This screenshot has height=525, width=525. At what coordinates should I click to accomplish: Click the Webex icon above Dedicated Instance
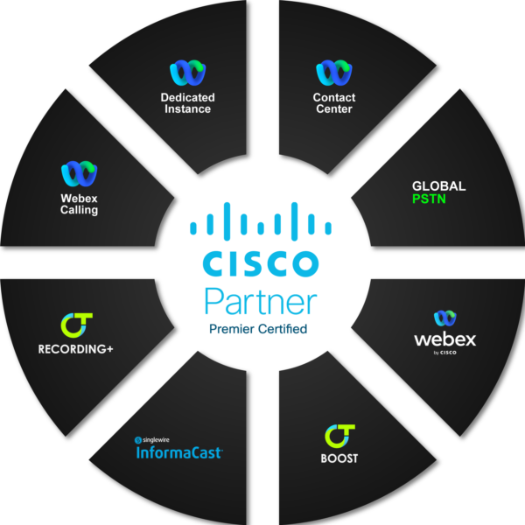click(186, 73)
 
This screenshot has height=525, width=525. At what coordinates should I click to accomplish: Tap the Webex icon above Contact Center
click(333, 73)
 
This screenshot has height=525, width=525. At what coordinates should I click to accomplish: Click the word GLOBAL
click(438, 186)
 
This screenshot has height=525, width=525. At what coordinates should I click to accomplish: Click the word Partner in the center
click(260, 301)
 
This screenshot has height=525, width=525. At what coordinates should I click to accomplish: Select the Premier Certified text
click(258, 330)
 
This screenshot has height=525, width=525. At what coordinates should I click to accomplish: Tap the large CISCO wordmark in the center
click(260, 262)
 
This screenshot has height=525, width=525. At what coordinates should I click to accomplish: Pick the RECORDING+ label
click(75, 349)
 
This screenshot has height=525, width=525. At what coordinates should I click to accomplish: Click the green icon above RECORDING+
click(75, 325)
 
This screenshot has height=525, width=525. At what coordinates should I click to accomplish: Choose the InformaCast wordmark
click(179, 453)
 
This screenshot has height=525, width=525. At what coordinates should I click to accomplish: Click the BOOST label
click(339, 458)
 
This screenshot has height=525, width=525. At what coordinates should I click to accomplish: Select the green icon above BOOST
click(339, 435)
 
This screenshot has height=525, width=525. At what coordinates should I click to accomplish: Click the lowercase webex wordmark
click(444, 339)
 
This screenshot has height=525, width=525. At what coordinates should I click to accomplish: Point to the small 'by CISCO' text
click(444, 353)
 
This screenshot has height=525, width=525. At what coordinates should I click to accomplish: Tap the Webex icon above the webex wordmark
click(444, 318)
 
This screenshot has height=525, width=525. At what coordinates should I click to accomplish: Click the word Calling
click(79, 210)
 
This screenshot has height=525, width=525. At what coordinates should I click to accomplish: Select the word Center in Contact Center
click(333, 108)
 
